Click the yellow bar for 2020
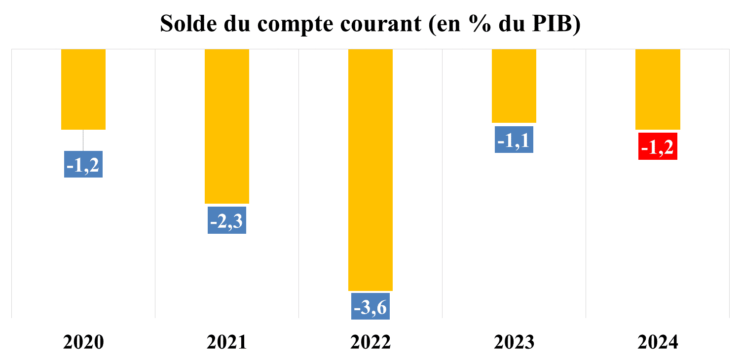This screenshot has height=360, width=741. (83, 89)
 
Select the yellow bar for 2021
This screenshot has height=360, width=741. (227, 126)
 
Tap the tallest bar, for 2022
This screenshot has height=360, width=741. (370, 170)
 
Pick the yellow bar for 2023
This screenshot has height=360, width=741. (514, 86)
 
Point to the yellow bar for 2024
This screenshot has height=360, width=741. (658, 89)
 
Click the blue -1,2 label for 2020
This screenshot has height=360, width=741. (83, 164)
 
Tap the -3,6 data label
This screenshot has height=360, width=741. (370, 306)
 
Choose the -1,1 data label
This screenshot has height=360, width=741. (514, 140)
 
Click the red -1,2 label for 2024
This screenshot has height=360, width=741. (658, 146)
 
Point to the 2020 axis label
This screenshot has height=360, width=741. (83, 341)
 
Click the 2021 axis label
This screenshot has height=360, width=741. (227, 341)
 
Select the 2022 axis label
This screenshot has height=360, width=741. (370, 341)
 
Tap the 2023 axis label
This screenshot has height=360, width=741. (514, 341)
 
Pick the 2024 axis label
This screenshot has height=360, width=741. (658, 341)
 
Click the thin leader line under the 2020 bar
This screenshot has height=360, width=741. (83, 140)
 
